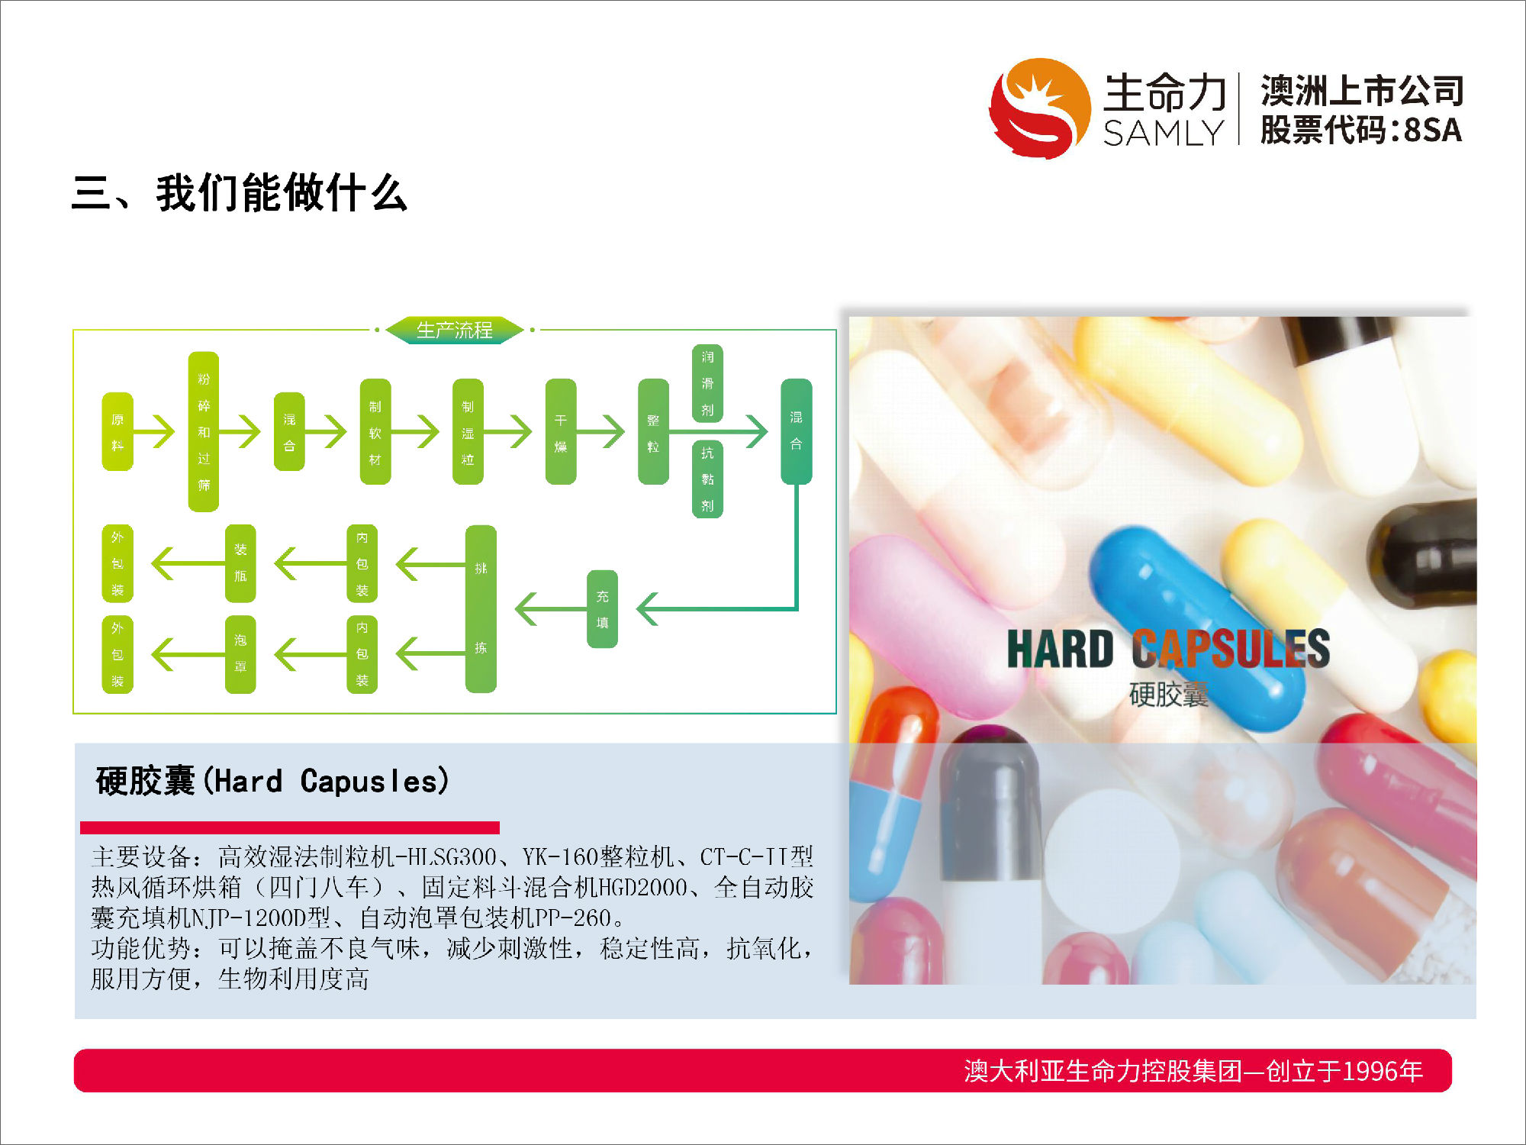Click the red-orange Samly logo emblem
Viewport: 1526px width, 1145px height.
point(1039,108)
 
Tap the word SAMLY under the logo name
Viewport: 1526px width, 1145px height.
point(1164,133)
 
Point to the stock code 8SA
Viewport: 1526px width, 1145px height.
point(1433,130)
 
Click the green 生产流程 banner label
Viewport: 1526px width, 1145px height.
point(455,330)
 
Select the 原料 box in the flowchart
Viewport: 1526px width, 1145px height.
point(118,431)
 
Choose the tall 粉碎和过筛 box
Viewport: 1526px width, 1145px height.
point(204,431)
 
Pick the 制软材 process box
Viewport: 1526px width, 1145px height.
point(375,431)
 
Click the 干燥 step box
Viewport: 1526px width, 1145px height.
point(561,431)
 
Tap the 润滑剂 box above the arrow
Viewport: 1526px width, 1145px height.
point(708,383)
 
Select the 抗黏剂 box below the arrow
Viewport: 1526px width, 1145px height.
point(708,479)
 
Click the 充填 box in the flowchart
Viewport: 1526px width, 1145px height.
point(603,609)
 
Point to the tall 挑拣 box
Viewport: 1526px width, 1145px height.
point(481,608)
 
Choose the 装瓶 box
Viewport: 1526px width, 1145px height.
point(240,563)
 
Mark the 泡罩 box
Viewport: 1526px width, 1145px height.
point(240,654)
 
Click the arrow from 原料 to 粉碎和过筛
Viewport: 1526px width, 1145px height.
point(155,431)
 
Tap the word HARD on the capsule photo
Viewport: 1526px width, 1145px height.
point(1061,649)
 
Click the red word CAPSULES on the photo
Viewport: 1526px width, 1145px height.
point(1231,649)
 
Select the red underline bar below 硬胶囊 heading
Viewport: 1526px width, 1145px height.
point(290,827)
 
